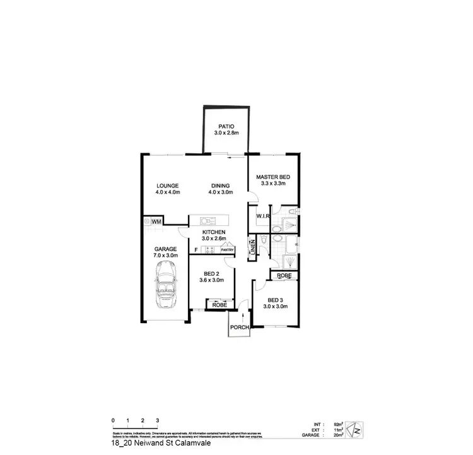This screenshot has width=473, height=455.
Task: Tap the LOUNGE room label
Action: coord(168,186)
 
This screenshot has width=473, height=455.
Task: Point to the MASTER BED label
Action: coord(271,177)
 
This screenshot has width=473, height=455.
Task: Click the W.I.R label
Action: coord(263,216)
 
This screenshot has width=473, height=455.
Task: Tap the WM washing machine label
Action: coord(156,222)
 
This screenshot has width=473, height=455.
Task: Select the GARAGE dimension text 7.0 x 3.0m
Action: coord(166,256)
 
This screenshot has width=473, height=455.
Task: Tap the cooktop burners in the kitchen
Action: coord(209,251)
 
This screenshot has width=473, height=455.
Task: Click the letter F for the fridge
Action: coord(196,251)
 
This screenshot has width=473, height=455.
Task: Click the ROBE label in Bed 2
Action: coord(219,305)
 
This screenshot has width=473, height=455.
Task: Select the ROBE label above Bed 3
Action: coord(283,276)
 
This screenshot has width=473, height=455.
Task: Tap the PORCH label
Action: coord(240,327)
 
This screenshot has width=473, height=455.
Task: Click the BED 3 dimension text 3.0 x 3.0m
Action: coord(276,307)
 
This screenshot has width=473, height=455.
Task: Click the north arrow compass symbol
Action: coord(356,429)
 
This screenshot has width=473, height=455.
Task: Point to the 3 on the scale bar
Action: coord(158,420)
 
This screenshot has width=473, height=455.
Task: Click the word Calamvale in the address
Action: coord(192,444)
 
